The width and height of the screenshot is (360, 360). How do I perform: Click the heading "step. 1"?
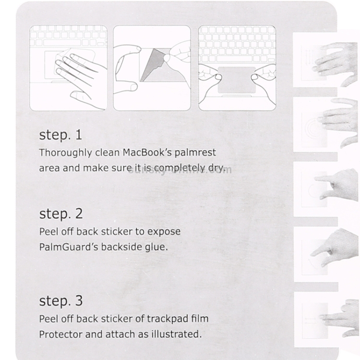[60, 135]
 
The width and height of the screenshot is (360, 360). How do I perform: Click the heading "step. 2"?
[61, 214]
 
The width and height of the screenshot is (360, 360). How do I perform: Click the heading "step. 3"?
[61, 301]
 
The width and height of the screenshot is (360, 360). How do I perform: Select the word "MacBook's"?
[147, 153]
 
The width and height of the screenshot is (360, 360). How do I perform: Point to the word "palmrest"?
[195, 153]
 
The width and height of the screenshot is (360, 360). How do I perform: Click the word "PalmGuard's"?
[69, 247]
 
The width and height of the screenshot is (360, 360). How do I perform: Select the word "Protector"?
[60, 334]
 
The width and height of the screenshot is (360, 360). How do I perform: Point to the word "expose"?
[164, 232]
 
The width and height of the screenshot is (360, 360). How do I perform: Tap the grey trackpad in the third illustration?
[237, 80]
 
